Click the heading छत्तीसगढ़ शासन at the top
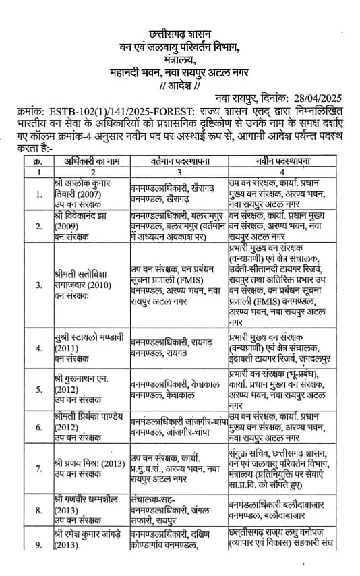(x=179, y=32)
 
